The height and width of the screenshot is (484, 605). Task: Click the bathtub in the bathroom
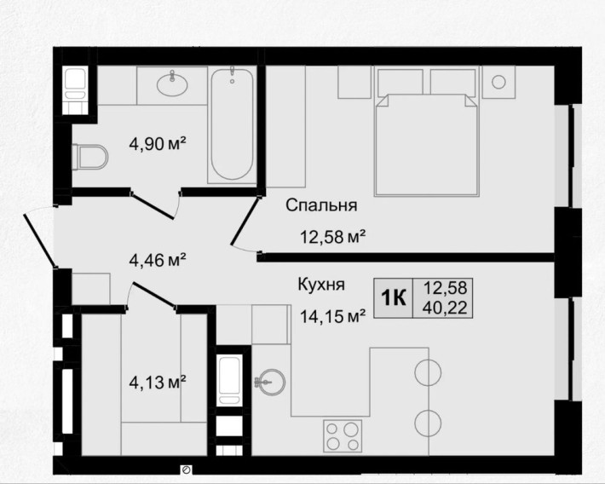[x=232, y=124]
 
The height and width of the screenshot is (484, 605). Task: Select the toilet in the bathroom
[x=89, y=158]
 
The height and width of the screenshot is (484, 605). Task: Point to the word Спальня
[x=320, y=205]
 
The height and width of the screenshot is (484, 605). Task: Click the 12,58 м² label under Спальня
[x=331, y=238]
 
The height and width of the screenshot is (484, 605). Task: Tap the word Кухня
[x=321, y=285]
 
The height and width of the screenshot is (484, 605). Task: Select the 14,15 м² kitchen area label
[x=331, y=317]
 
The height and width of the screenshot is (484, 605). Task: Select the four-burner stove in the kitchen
[x=343, y=437]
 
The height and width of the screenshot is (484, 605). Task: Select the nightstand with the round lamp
[x=500, y=83]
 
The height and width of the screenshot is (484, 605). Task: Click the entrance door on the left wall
[x=41, y=240]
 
